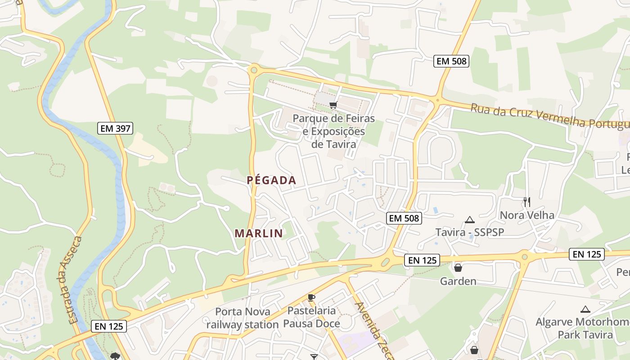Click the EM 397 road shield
(x=115, y=129)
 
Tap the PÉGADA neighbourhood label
(x=271, y=180)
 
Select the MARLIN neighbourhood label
(x=259, y=233)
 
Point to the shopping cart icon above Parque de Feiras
(x=333, y=105)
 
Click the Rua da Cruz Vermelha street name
(x=549, y=116)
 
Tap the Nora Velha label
(x=527, y=215)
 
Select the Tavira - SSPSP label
(x=469, y=232)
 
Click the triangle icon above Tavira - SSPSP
(x=470, y=220)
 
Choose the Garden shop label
(x=458, y=281)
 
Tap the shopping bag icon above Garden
(x=458, y=268)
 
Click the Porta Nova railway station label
(x=243, y=318)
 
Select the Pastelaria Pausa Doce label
(x=311, y=317)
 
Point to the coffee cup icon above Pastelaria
(x=311, y=297)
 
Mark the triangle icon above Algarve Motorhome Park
(x=585, y=309)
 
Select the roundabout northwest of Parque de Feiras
(x=254, y=70)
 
